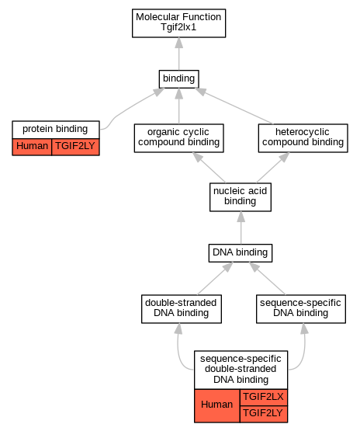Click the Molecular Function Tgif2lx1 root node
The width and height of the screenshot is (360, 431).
point(178,23)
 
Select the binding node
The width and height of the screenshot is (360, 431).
point(178,79)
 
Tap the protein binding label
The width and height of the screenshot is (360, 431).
point(56,130)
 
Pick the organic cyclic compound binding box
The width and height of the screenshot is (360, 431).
point(178,138)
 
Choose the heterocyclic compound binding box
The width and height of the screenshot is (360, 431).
point(303,138)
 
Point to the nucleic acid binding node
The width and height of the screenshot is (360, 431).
point(241,197)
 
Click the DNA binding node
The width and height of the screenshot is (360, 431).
point(241,253)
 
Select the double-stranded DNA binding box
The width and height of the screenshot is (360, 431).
point(182,309)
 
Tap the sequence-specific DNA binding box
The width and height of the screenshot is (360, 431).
point(301,309)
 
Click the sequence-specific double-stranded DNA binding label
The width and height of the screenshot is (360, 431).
point(241,370)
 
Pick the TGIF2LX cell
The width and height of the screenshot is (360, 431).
point(264,397)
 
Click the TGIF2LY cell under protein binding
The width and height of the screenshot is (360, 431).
point(75,147)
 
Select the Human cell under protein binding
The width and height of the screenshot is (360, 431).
point(32,147)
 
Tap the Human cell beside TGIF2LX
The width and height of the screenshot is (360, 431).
point(217,405)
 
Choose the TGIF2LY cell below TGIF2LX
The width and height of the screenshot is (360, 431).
point(264,414)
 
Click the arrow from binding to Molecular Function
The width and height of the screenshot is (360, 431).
point(178,54)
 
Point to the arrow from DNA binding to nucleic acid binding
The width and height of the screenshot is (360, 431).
point(241,228)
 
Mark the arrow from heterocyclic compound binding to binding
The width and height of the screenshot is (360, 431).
point(234,106)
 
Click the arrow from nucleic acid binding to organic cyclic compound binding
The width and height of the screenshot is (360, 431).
point(209,168)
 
